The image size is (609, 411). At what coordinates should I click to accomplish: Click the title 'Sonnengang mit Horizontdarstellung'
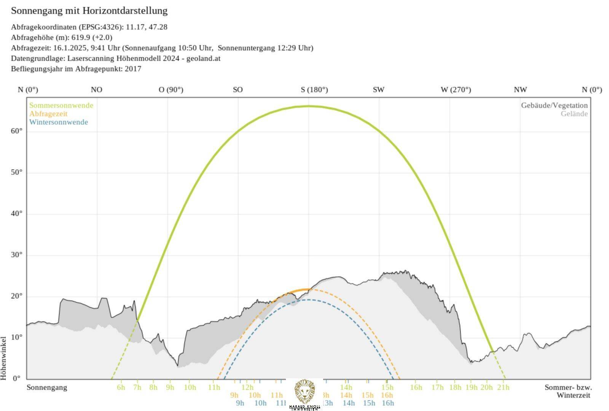pos(89,11)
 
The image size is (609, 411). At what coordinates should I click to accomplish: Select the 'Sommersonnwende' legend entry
pos(61,105)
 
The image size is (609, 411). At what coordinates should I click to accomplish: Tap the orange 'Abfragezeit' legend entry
pos(48,114)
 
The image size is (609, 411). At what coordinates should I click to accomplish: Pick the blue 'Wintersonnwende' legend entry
pos(59,122)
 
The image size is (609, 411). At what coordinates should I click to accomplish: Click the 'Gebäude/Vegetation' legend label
pos(554,105)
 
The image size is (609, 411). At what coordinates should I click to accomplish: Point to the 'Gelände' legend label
pos(574,114)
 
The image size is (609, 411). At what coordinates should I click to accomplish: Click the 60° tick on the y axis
pos(16,131)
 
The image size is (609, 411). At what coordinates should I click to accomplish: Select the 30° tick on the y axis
pos(16,255)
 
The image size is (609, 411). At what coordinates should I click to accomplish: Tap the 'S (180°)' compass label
pos(314,90)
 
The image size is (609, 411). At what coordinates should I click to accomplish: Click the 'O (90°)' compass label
pos(171,90)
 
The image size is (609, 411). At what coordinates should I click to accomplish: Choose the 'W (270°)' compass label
pos(456,90)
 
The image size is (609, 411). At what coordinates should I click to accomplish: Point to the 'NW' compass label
pos(520,90)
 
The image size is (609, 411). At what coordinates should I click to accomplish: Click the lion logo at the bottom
pos(304,392)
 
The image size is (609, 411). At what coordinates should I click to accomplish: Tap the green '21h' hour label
pos(503,387)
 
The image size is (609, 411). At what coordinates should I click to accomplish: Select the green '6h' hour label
pos(121,387)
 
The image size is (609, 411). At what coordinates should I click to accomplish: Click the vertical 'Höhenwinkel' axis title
pos(4,358)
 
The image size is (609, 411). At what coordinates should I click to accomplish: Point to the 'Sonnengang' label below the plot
pos(47,387)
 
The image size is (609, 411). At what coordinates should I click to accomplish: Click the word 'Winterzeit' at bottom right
pos(573,395)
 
